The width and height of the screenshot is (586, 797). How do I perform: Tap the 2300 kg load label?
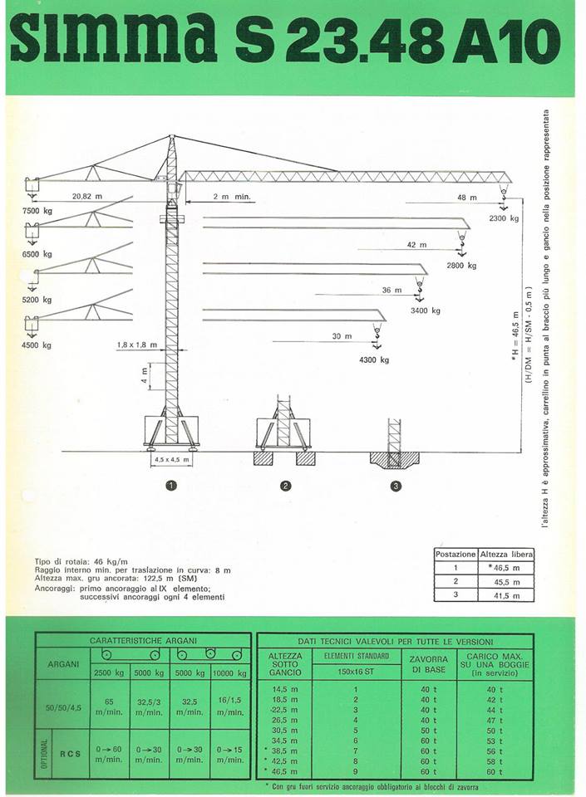pos(504,218)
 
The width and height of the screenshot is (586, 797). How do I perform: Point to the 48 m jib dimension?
pos(466,198)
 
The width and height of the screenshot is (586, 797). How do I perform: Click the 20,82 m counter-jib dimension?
pos(87,196)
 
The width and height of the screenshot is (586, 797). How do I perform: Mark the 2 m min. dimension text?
pos(233,198)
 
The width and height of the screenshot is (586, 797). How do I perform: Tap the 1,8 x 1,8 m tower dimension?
pos(136,345)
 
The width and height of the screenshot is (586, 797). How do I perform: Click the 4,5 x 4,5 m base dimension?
pos(171,459)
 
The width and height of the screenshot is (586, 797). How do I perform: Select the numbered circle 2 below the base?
pos(285,487)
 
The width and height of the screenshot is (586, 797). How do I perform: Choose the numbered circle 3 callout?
pos(396,487)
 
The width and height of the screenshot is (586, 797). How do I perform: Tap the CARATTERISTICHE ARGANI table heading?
pos(143,641)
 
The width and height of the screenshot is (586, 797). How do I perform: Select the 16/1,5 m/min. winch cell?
pos(229,707)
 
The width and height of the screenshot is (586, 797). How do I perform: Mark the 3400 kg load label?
pos(425,310)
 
